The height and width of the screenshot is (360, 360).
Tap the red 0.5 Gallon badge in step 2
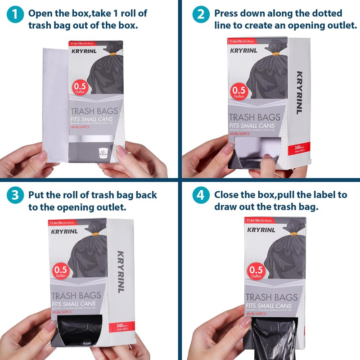click(240, 93)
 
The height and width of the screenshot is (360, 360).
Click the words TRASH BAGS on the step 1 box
click(94, 111)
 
